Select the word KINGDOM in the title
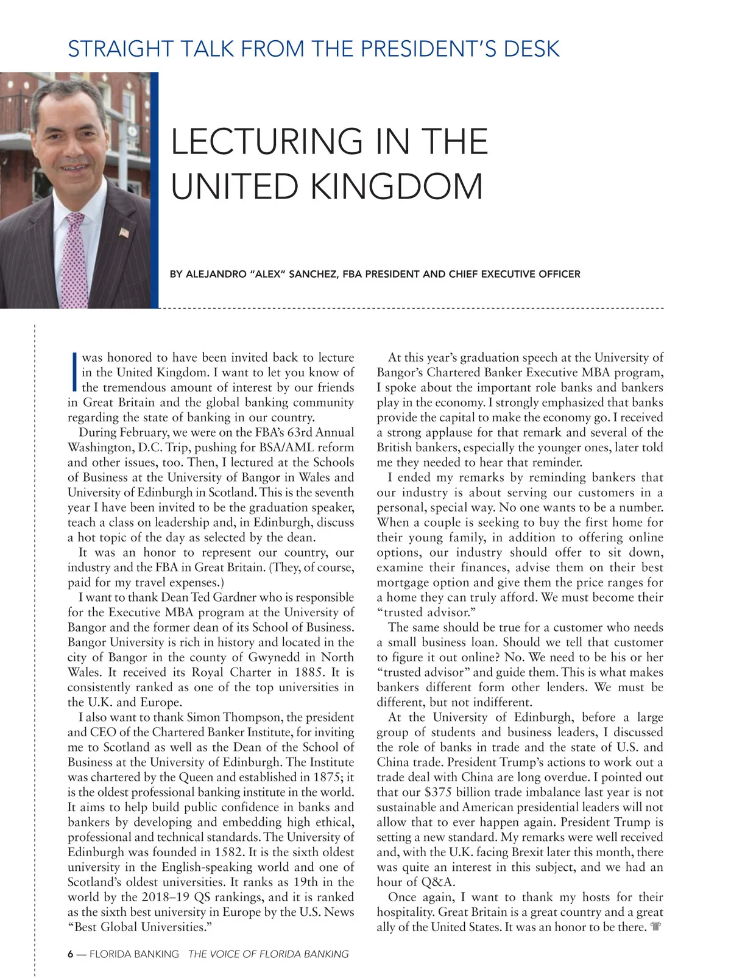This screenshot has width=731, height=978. pyautogui.click(x=397, y=186)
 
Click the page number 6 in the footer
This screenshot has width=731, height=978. pyautogui.click(x=71, y=954)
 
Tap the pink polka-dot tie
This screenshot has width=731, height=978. pyautogui.click(x=74, y=262)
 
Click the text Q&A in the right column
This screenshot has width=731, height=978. pyautogui.click(x=437, y=882)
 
